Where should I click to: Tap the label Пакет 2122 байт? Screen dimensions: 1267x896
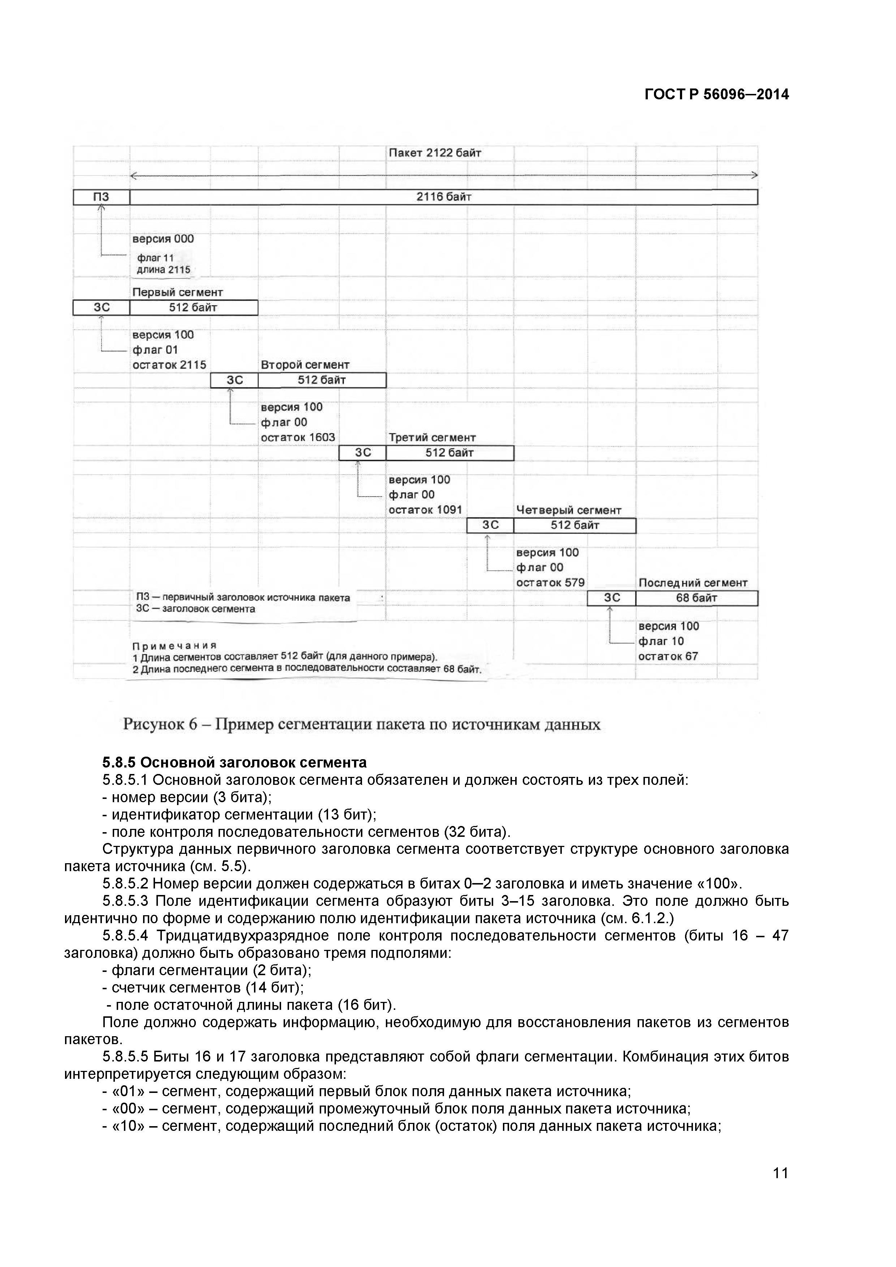click(x=435, y=153)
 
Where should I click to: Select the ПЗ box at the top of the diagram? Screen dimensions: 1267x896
click(x=101, y=197)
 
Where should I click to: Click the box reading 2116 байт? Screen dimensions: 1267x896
click(x=443, y=197)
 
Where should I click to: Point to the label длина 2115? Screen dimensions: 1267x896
click(x=163, y=270)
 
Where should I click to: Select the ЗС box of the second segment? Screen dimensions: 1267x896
click(x=234, y=380)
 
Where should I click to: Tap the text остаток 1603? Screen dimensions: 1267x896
click(x=298, y=438)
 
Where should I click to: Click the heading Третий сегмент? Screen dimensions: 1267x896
click(x=432, y=438)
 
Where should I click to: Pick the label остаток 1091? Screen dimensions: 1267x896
click(x=425, y=510)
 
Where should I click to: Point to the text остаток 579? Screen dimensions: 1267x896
click(x=550, y=583)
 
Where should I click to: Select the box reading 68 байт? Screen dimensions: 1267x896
click(x=696, y=598)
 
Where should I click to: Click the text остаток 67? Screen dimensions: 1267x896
click(x=668, y=657)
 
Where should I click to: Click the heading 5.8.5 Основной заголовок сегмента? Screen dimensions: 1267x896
click(x=234, y=763)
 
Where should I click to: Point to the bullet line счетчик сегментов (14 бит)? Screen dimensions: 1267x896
click(x=203, y=987)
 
